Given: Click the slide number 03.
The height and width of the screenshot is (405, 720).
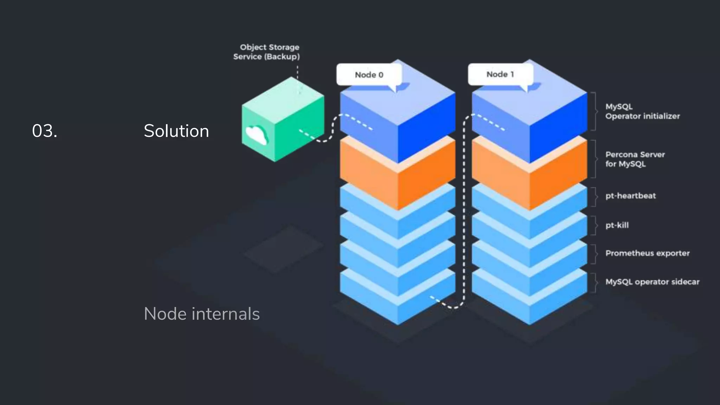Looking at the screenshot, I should tap(45, 131).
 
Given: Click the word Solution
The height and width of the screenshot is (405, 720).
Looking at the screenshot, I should tap(176, 131).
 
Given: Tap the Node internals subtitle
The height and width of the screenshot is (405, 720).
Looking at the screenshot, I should tap(201, 314).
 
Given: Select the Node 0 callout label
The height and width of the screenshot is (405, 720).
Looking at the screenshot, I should tap(369, 75).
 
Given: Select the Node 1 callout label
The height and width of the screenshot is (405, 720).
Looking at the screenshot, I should tap(500, 74).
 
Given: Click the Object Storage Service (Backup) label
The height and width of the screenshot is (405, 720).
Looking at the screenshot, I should tap(267, 52).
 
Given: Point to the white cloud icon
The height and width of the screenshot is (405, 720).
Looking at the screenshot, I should tap(256, 135).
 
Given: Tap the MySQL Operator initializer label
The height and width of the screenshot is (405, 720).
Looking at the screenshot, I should tap(642, 111).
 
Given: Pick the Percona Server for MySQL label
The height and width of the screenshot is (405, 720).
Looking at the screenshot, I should tap(635, 159).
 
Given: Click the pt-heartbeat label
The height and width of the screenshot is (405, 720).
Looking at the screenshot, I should tap(630, 196).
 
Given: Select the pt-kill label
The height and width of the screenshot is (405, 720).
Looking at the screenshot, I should tap(617, 225).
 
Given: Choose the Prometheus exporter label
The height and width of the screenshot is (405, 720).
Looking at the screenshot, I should tap(647, 253).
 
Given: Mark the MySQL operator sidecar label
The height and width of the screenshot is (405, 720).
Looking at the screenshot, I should tap(652, 282).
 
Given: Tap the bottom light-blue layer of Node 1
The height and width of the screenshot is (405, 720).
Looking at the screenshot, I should tap(529, 306).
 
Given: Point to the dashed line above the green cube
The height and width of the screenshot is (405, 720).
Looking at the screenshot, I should tap(297, 72).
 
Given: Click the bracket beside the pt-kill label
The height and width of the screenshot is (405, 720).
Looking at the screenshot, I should tap(594, 225).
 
